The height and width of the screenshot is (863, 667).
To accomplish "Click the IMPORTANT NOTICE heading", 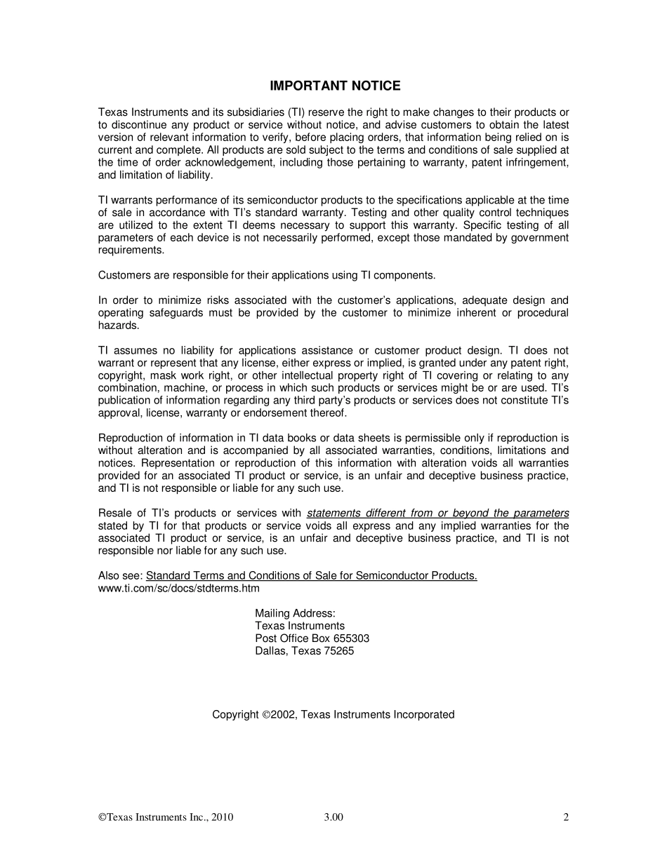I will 335,86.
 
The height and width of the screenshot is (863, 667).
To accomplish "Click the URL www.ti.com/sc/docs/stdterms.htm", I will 178,588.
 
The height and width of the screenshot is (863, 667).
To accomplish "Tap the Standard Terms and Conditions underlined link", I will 311,576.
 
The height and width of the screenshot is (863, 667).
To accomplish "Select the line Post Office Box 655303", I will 312,638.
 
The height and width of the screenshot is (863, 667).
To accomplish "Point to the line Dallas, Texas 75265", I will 304,651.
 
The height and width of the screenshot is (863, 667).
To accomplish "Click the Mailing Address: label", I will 295,613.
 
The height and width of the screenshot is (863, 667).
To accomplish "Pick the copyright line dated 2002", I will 333,715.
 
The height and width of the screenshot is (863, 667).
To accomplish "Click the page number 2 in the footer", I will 565,817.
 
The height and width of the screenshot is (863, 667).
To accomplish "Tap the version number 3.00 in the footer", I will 333,817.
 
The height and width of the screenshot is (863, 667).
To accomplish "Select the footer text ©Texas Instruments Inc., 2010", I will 166,817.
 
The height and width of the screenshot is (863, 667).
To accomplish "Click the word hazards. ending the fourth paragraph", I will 119,326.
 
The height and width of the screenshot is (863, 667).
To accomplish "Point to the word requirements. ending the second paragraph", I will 131,250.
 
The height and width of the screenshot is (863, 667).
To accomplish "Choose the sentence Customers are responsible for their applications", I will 267,275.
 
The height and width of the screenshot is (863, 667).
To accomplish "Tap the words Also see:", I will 120,576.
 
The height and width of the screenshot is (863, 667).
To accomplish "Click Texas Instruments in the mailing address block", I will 300,626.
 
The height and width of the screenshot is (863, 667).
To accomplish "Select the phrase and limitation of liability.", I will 155,175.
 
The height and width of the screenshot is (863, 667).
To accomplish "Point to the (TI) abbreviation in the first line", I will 295,112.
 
